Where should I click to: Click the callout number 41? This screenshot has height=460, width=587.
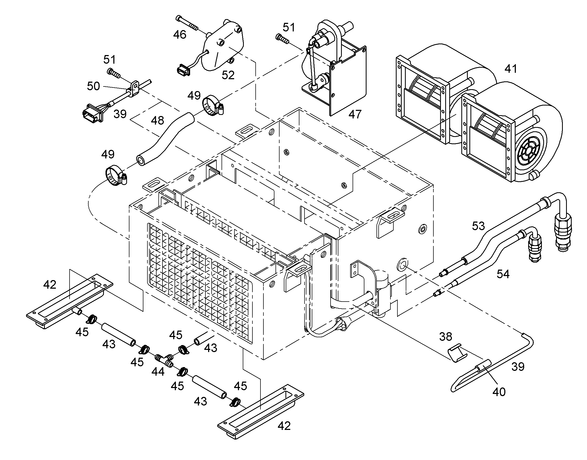(x=511, y=69)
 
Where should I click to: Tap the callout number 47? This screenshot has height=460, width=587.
(x=355, y=114)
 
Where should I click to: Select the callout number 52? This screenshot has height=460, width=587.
(x=228, y=75)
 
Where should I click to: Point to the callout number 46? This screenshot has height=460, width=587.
(x=180, y=34)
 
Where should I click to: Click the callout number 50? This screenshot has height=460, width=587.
(x=93, y=86)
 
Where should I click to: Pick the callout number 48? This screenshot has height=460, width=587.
(x=157, y=120)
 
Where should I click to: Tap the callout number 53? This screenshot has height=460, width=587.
(x=478, y=226)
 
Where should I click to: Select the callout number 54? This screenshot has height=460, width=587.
(x=503, y=274)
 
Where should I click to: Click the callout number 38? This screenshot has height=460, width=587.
(x=445, y=336)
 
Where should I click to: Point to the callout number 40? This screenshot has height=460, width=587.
(x=499, y=392)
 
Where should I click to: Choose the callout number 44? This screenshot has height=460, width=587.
(x=158, y=372)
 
